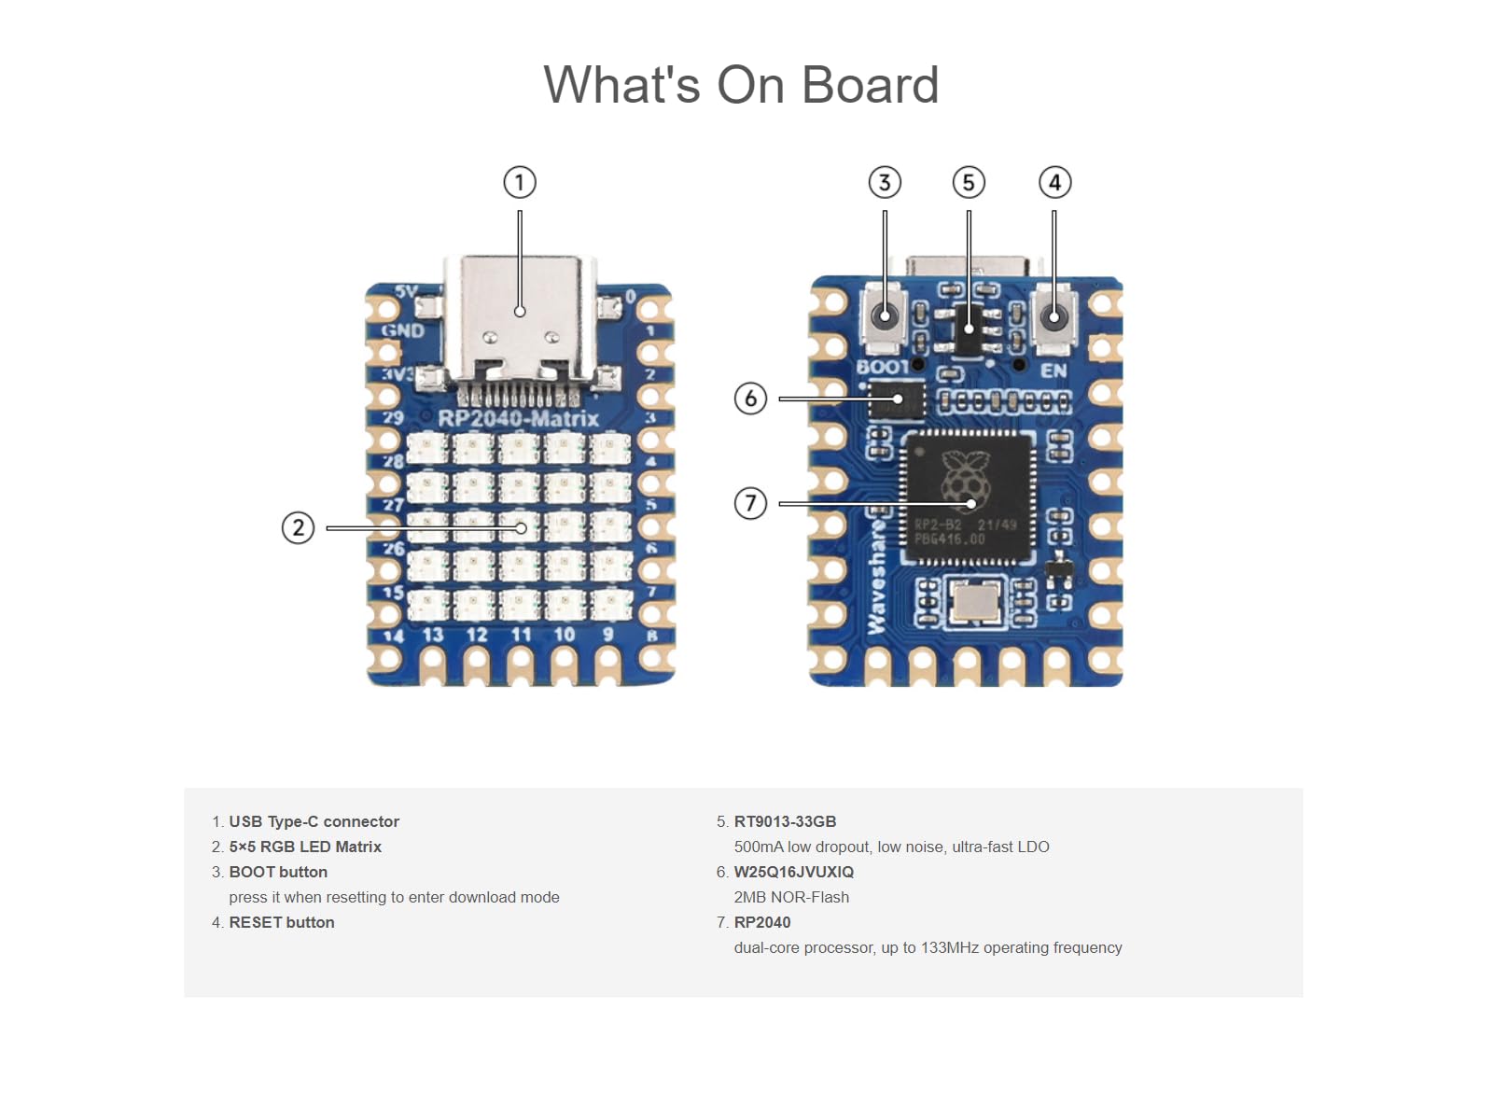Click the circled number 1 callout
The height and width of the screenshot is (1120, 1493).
pos(520,182)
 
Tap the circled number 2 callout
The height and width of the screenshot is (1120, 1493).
pos(298,527)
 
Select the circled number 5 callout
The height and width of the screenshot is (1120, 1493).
pos(969,182)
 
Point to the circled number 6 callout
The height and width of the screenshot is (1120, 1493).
pos(750,399)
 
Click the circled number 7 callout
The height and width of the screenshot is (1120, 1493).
pos(750,503)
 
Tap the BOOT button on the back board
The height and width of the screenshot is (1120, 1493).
pos(884,315)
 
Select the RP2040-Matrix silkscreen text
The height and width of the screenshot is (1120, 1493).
pos(519,418)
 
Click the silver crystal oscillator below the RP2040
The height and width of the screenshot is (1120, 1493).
pos(975,600)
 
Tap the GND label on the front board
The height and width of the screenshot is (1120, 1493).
pos(403,330)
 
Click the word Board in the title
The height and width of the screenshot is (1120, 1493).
pos(870,85)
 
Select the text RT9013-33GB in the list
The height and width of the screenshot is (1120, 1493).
pos(785,821)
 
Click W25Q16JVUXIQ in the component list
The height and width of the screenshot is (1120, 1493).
pos(793,872)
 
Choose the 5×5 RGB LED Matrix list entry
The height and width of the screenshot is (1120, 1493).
pos(305,847)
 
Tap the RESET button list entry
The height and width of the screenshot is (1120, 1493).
pos(281,922)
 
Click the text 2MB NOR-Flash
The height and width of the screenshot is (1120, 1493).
pos(791,897)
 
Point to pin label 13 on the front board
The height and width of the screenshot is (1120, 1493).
pos(433,635)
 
